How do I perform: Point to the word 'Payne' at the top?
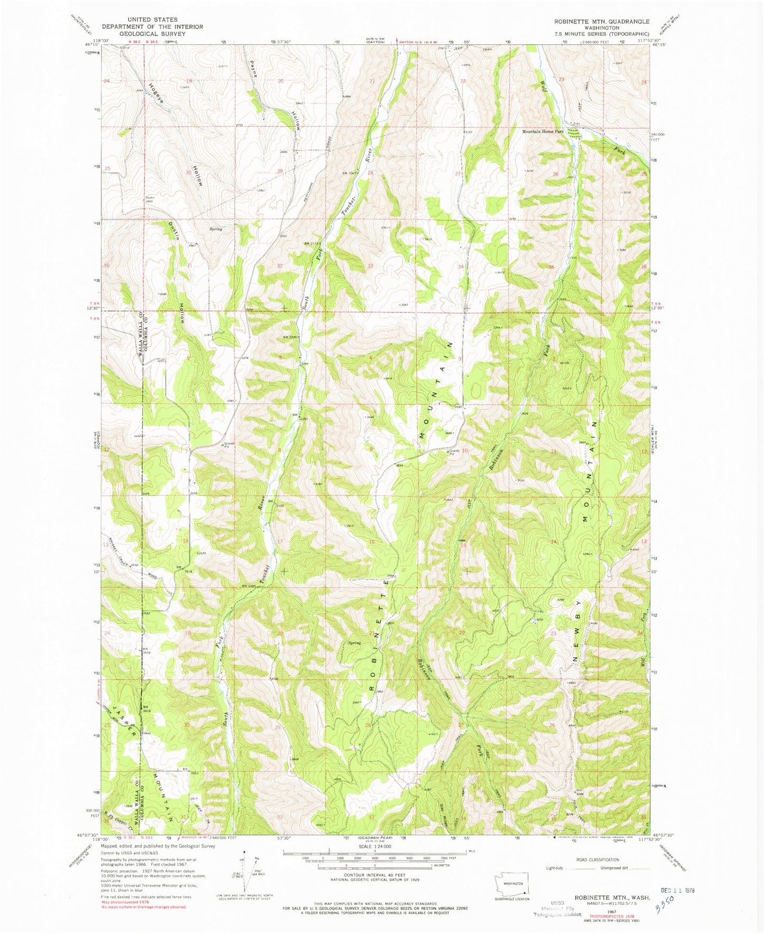coord(253,68)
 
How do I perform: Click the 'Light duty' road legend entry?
coord(555,868)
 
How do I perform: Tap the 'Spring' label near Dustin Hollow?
coord(215,229)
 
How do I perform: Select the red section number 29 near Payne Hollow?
coord(280,171)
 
